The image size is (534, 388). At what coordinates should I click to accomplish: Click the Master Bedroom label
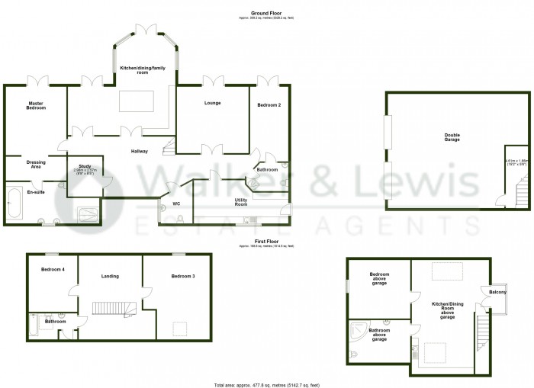point(37,105)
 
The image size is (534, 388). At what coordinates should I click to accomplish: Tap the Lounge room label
point(213,103)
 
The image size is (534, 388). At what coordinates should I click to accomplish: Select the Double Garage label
point(452,138)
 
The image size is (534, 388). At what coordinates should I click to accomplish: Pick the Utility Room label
point(241,202)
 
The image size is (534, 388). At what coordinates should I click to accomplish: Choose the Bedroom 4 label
point(53,269)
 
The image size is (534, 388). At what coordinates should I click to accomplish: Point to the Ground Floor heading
point(266,12)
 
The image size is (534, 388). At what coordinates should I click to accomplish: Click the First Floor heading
point(266,240)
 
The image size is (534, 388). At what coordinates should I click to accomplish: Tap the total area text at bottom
point(266,383)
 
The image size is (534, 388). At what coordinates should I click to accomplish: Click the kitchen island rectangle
point(137,101)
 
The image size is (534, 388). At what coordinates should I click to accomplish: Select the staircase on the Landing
point(113,308)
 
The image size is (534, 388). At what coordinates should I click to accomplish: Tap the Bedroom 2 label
point(269,105)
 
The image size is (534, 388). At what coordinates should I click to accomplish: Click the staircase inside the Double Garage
point(520,189)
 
